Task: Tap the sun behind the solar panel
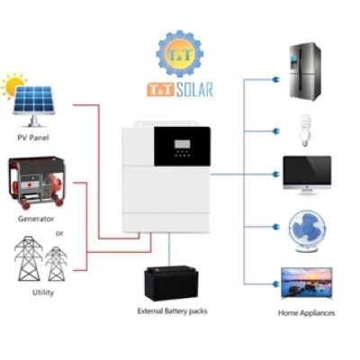(14, 85)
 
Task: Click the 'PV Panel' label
(33, 138)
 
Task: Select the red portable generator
(37, 183)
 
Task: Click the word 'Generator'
(36, 219)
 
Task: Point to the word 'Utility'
(43, 292)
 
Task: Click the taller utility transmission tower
(29, 258)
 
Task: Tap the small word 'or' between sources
(59, 233)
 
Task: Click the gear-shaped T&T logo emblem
(180, 54)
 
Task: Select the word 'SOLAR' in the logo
(194, 90)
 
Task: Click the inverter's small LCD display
(182, 144)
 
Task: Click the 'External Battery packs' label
(172, 311)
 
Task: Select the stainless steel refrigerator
(305, 71)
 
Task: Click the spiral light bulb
(305, 130)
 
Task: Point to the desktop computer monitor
(307, 175)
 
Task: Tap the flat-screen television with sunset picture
(306, 283)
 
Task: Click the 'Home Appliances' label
(306, 313)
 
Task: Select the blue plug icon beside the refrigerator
(274, 79)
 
